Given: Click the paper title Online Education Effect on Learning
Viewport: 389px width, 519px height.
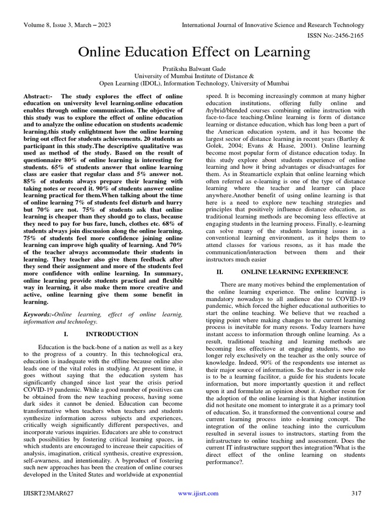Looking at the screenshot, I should [194, 52].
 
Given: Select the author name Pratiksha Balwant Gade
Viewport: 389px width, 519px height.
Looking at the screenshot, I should [194, 68].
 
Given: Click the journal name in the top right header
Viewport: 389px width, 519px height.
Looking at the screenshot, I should [273, 25].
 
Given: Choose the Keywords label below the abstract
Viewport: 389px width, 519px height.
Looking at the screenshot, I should [39, 315].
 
